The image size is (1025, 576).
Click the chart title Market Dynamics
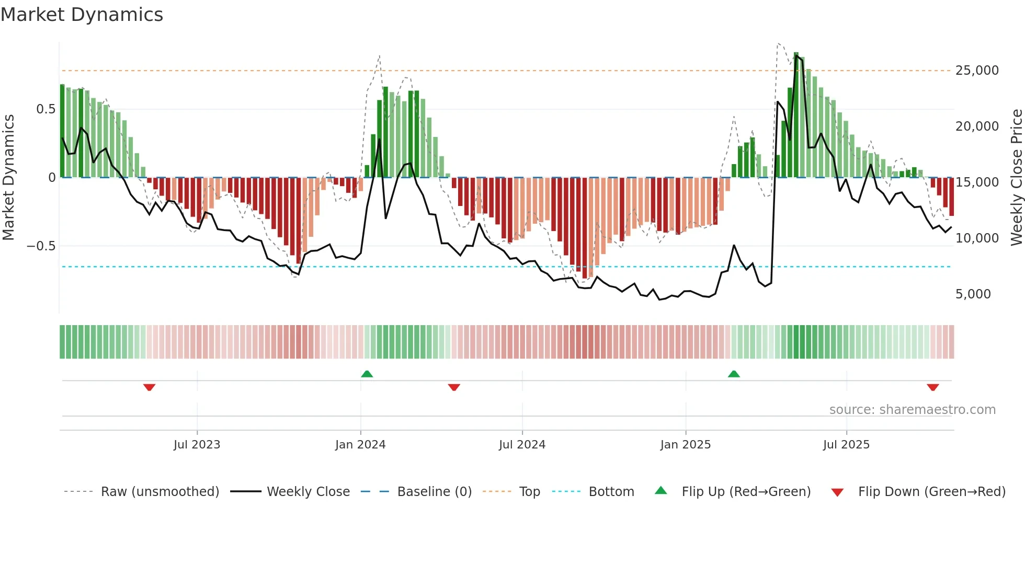click(x=82, y=15)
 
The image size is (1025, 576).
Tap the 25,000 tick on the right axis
click(x=976, y=71)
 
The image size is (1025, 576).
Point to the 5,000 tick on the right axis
click(x=973, y=294)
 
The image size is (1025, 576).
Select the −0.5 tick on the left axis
click(x=41, y=246)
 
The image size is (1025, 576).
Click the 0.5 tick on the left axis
click(x=45, y=109)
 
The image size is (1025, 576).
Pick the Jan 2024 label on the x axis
click(x=360, y=445)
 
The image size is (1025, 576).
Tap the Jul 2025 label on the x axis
click(x=846, y=445)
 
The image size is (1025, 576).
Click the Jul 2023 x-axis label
click(x=197, y=445)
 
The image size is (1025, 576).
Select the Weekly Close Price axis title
click(x=1016, y=178)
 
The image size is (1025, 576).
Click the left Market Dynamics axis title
click(x=8, y=178)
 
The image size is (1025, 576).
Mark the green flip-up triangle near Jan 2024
click(x=367, y=374)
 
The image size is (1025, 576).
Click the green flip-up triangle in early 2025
click(x=734, y=374)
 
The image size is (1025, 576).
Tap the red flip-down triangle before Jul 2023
click(x=149, y=387)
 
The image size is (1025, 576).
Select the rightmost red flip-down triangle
click(x=932, y=387)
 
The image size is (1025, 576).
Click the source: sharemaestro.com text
click(x=912, y=410)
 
